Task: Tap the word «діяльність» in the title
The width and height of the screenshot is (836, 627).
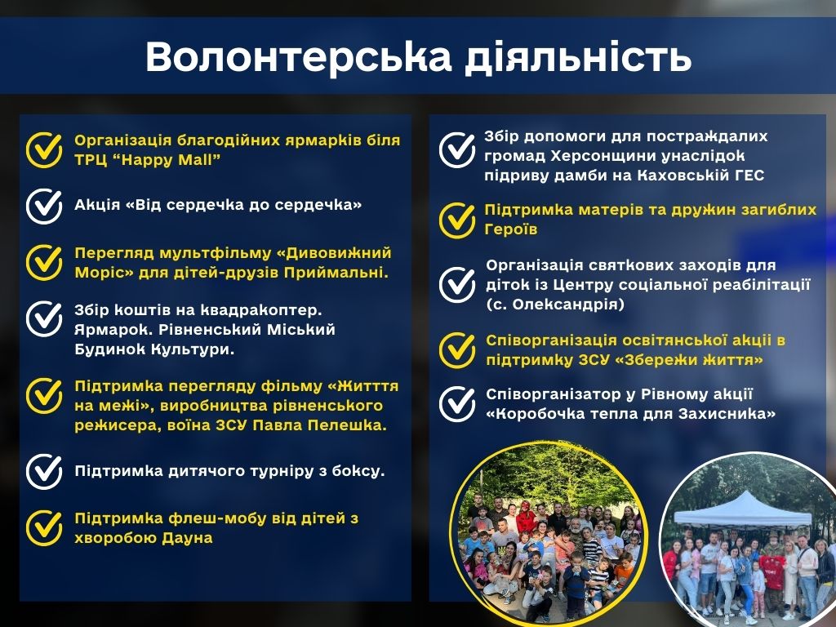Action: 578,56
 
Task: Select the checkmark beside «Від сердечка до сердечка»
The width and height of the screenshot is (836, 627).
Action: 44,206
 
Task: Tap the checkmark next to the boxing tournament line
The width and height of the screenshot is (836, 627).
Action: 44,471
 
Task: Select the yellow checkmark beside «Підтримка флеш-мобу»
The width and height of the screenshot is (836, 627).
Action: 44,528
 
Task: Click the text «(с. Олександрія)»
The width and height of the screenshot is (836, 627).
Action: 555,305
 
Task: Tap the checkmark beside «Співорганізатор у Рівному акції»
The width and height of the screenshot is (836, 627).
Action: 457,404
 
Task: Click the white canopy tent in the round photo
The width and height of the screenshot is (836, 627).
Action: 743,510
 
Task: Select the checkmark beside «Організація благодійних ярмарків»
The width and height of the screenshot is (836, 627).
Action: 44,150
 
